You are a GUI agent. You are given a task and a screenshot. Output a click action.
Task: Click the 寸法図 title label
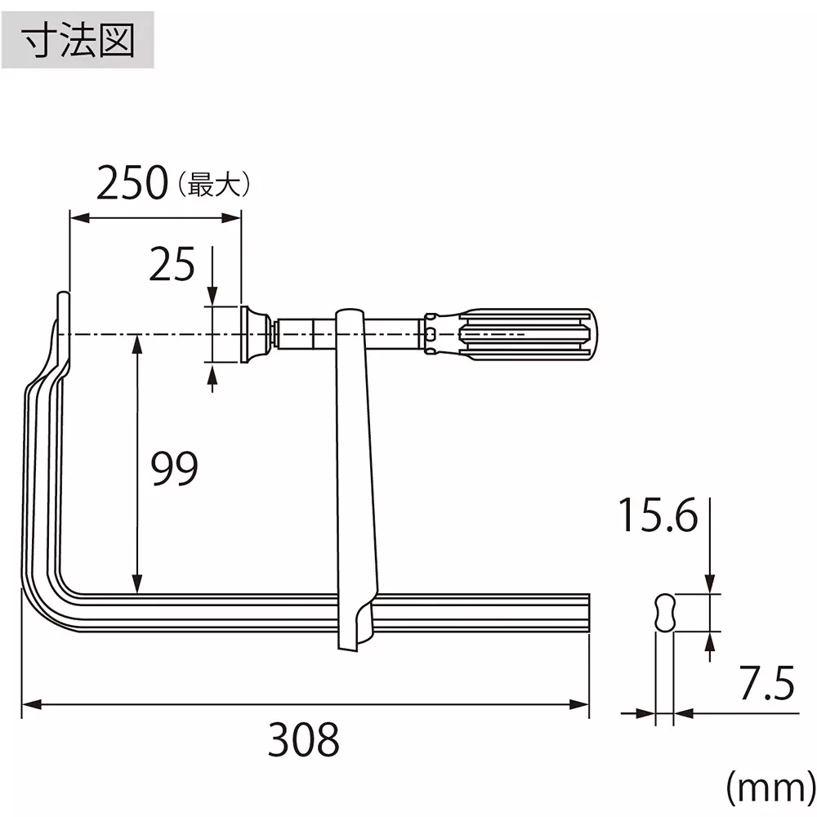[x=78, y=40]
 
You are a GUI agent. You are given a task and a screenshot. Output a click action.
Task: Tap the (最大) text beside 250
[x=213, y=185]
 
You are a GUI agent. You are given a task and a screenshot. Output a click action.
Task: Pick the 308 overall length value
[x=303, y=740]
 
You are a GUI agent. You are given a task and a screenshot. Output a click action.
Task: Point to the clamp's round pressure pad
[x=255, y=333]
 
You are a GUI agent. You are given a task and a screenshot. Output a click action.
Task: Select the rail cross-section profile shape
[x=665, y=612]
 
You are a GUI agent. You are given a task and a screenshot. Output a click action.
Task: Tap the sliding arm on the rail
[x=357, y=474]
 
